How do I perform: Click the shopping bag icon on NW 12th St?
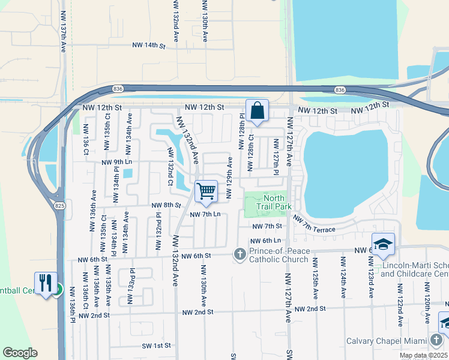[257, 111]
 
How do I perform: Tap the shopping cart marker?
[206, 191]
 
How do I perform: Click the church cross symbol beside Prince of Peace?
[240, 254]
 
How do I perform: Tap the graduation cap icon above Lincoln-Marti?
[382, 244]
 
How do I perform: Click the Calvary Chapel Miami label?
[387, 341]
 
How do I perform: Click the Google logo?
[20, 352]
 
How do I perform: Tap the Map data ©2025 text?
[423, 355]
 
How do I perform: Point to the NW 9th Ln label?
[117, 162]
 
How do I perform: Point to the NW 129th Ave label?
[229, 172]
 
